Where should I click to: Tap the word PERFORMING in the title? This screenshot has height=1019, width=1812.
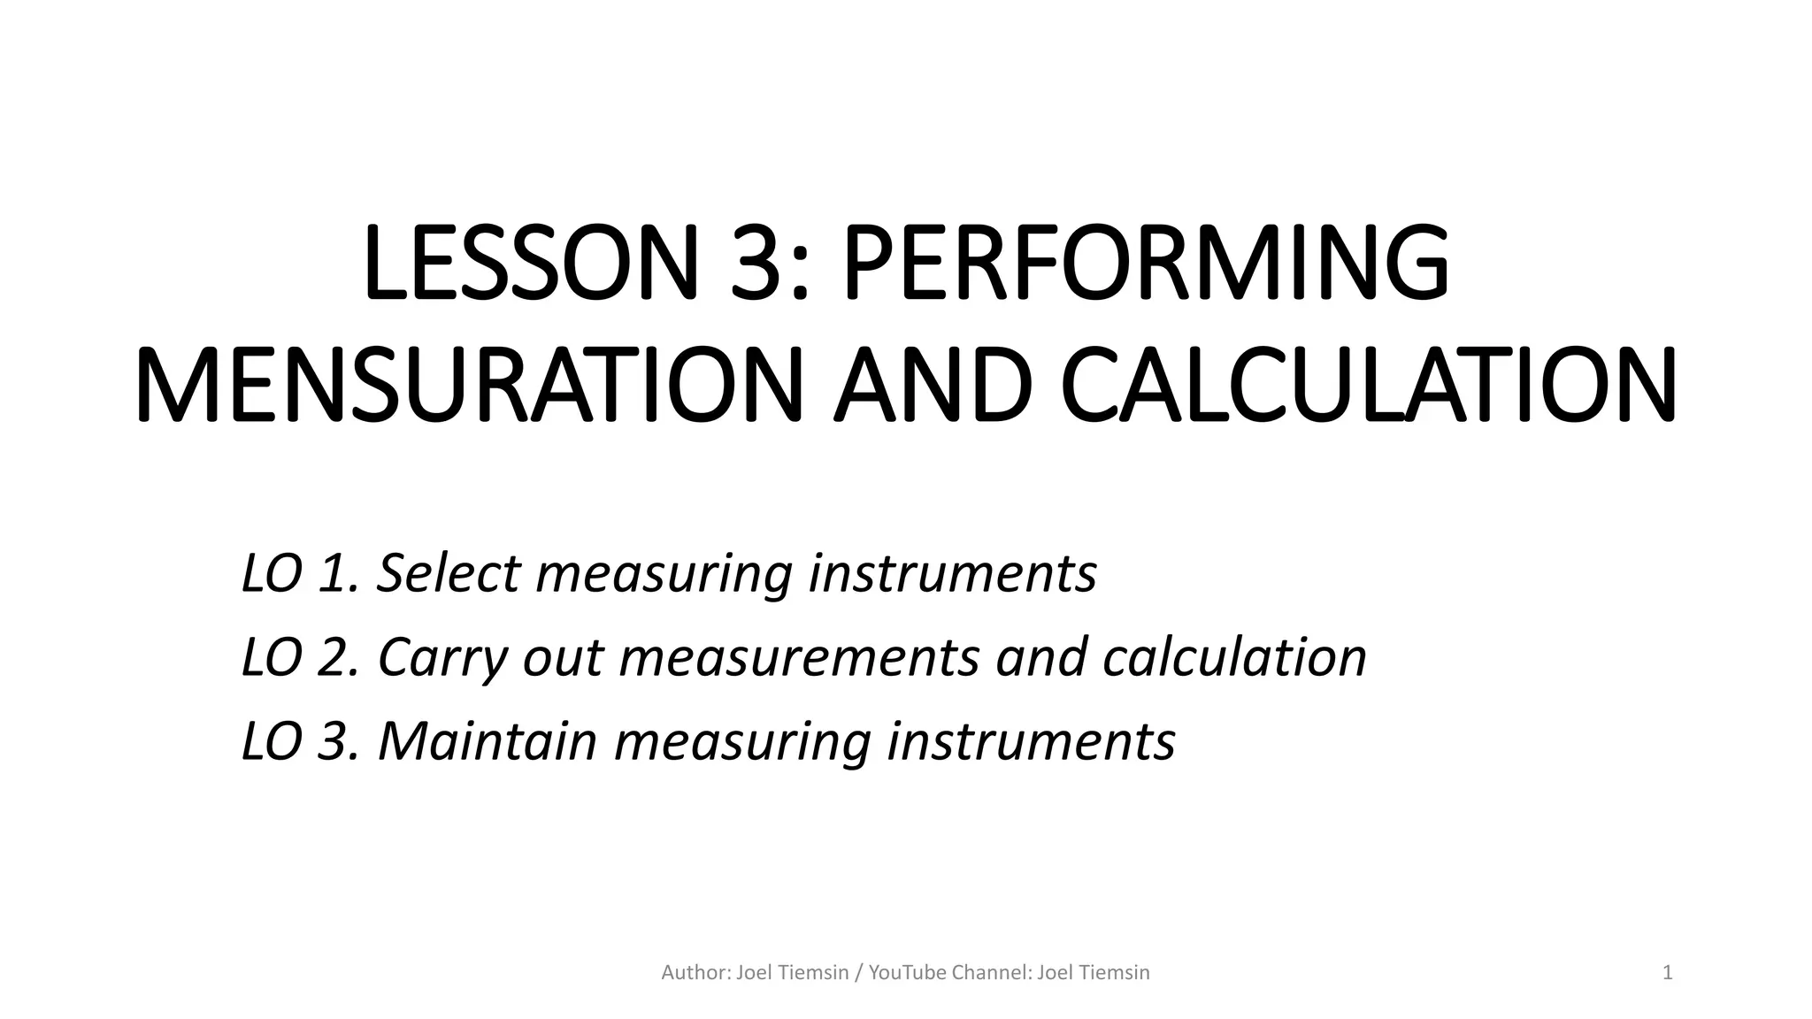tap(1146, 264)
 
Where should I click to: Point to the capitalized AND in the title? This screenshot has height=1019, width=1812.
tap(933, 387)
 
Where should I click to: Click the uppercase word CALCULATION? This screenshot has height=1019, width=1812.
tap(1368, 387)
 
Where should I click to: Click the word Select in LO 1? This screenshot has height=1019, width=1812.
tap(448, 573)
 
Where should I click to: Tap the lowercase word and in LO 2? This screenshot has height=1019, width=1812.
tap(1040, 657)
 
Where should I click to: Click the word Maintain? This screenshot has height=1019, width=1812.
tap(488, 741)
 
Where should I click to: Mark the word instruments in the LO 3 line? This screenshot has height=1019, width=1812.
tap(1031, 741)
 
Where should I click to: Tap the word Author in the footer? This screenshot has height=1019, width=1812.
tap(695, 973)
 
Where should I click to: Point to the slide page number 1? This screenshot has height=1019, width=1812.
tap(1668, 973)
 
